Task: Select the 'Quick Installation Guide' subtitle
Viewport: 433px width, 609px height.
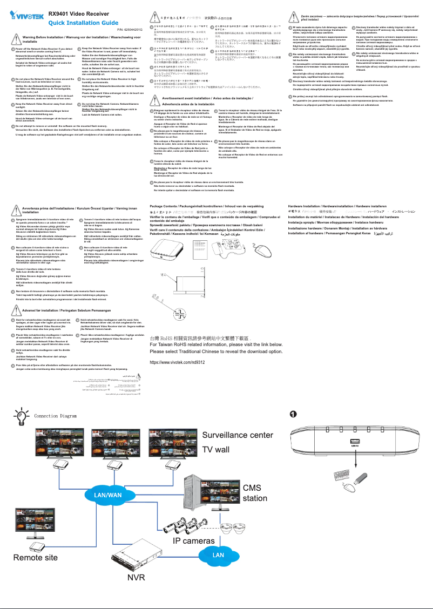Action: pyautogui.click(x=83, y=23)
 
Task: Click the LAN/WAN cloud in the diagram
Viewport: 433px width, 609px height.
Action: pyautogui.click(x=109, y=495)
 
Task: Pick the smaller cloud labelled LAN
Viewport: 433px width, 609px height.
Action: pyautogui.click(x=218, y=554)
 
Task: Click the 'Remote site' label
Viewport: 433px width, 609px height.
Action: pyautogui.click(x=36, y=557)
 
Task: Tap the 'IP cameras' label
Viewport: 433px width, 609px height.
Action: pyautogui.click(x=194, y=540)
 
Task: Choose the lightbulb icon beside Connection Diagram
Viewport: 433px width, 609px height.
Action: pyautogui.click(x=22, y=417)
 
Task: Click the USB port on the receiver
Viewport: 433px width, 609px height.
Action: pyautogui.click(x=354, y=445)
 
